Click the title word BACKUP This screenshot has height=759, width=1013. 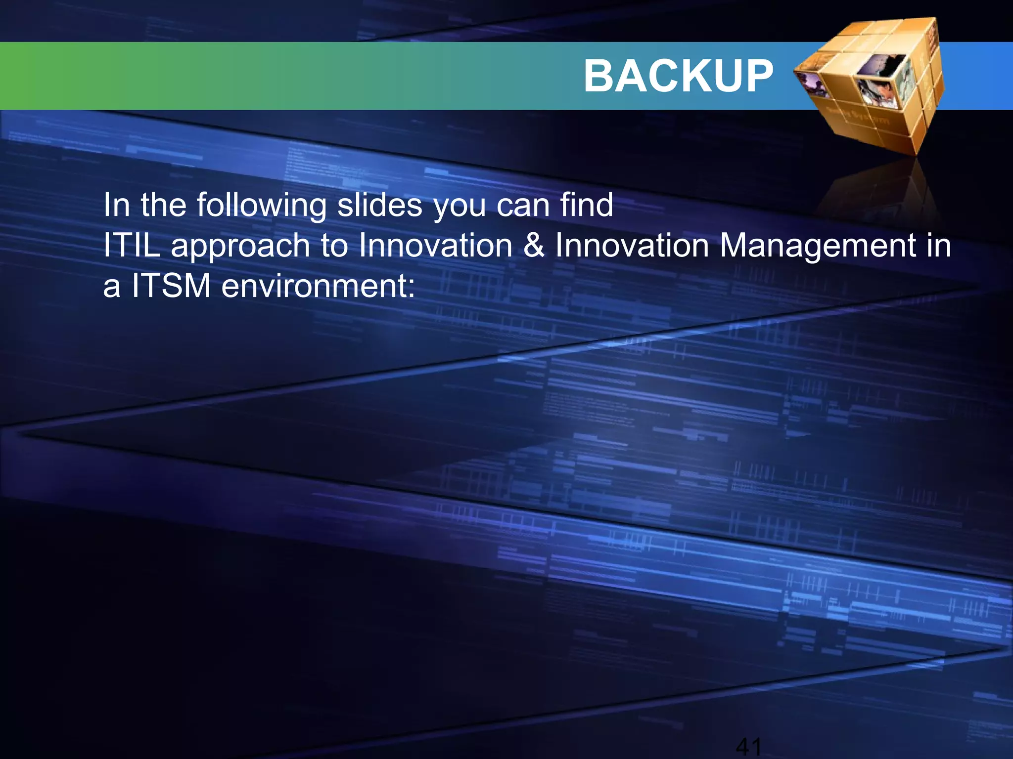pyautogui.click(x=678, y=76)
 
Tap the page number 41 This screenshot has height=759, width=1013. pyautogui.click(x=748, y=746)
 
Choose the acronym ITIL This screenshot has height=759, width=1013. pyautogui.click(x=132, y=245)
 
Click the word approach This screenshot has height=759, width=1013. pyautogui.click(x=240, y=246)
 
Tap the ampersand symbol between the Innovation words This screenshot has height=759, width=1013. pyautogui.click(x=534, y=245)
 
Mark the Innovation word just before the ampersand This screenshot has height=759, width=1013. pyautogui.click(x=436, y=245)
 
